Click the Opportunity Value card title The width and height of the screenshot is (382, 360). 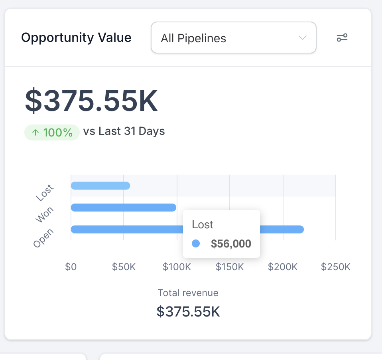[x=76, y=38]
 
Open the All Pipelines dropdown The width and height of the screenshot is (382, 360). [x=233, y=38]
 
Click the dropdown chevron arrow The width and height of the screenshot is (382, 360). [x=303, y=38]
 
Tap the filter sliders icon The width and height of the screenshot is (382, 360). [x=342, y=38]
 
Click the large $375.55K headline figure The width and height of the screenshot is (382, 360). [x=91, y=101]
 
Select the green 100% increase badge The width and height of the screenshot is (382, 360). [x=52, y=132]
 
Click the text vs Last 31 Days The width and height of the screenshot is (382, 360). [x=124, y=131]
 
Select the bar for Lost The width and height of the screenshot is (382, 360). [x=100, y=186]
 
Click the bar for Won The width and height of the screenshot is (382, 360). [x=124, y=208]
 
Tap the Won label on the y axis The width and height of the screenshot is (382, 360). [x=45, y=215]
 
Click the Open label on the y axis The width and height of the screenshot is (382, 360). [x=43, y=238]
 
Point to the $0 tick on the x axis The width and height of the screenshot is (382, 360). [x=71, y=267]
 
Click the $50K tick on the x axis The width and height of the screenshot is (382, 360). [x=124, y=267]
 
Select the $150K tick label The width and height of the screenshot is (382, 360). [x=230, y=267]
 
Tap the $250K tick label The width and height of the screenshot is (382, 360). [x=335, y=267]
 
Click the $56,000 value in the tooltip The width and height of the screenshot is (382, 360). [x=231, y=244]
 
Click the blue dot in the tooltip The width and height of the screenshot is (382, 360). [x=196, y=243]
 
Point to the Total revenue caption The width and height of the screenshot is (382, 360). [x=188, y=293]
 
